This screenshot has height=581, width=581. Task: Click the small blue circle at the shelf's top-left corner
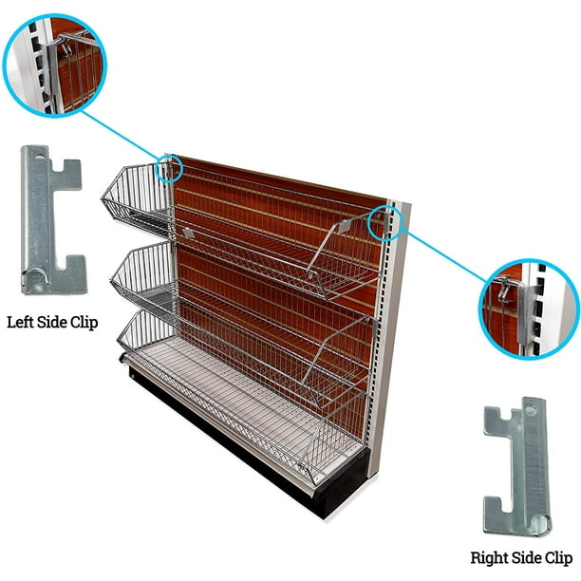[x=169, y=167]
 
